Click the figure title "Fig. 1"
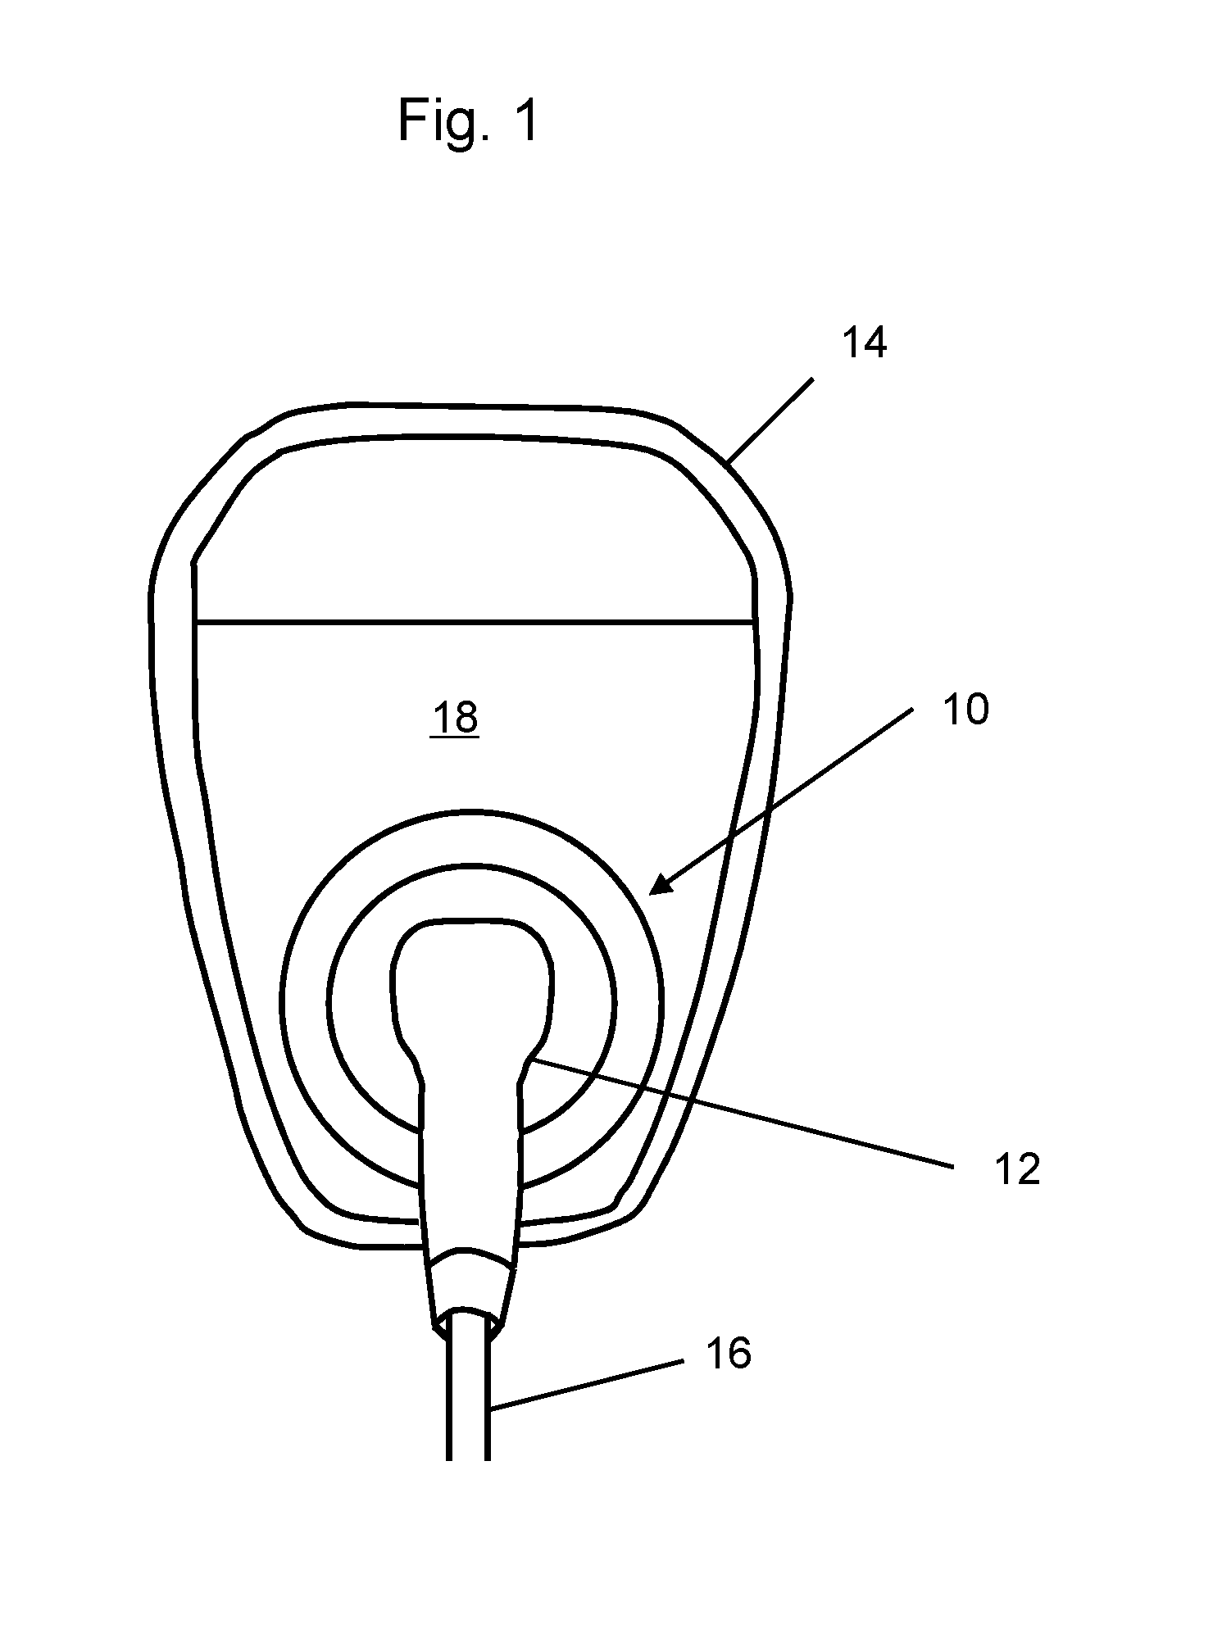(x=468, y=120)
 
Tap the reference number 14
(x=865, y=343)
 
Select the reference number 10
(x=965, y=709)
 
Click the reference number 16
(x=728, y=1354)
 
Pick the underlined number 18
(x=455, y=719)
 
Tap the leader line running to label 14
(x=770, y=420)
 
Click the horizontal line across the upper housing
(x=475, y=623)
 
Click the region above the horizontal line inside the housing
(x=475, y=533)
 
